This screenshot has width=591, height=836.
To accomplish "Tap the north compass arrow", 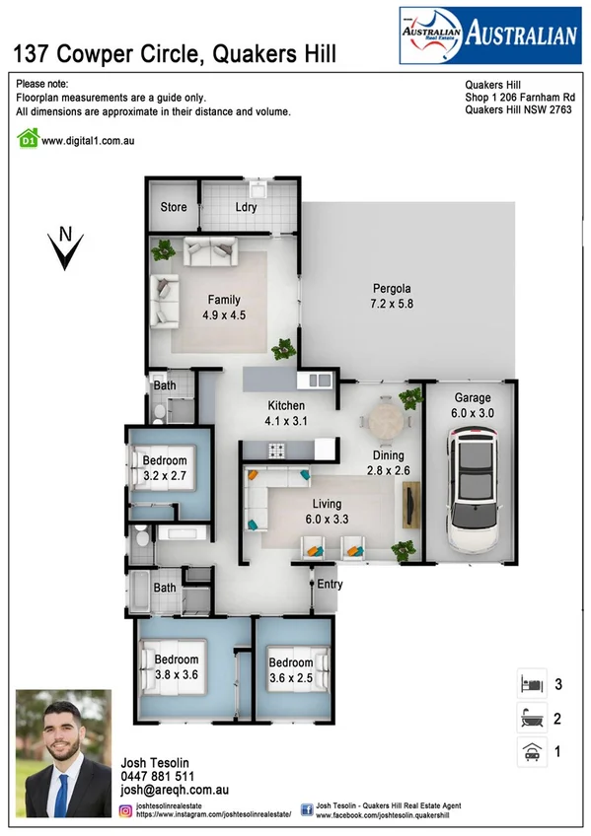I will [x=65, y=250].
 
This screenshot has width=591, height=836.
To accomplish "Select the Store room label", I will [x=174, y=207].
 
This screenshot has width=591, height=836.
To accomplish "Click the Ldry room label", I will [x=247, y=207].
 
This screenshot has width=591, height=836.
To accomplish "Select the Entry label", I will [x=329, y=585].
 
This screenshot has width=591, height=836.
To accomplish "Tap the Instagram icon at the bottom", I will [x=126, y=810].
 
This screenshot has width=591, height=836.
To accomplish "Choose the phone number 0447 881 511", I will [x=158, y=777].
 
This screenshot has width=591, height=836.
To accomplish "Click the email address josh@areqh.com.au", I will [x=175, y=791].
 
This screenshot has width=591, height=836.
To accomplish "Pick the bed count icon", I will [x=532, y=683].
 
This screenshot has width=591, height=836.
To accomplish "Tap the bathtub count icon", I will [x=532, y=718].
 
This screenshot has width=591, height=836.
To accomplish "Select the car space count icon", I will [x=532, y=752].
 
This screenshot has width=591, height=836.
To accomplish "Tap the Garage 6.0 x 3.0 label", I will [x=472, y=404].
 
